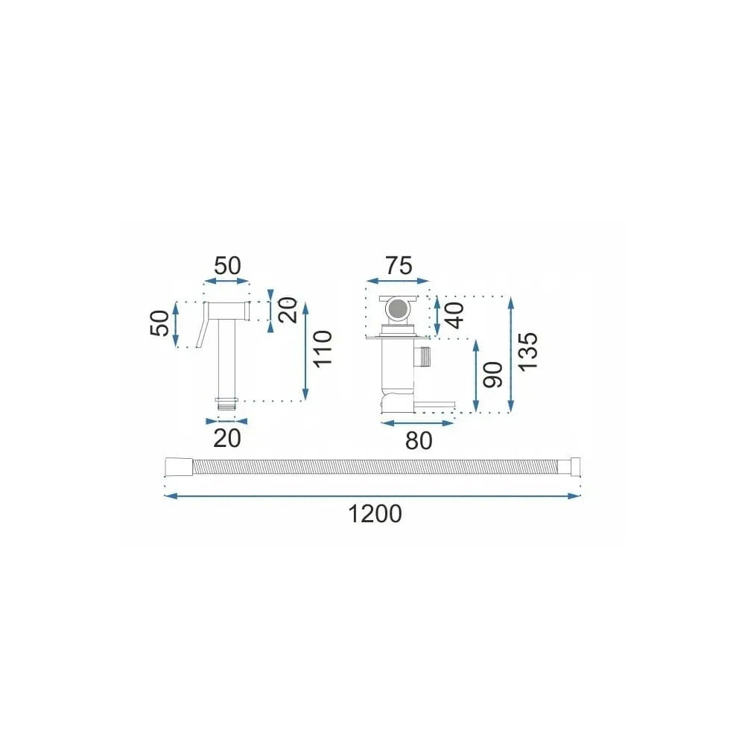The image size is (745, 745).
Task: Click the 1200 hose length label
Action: pos(375,514)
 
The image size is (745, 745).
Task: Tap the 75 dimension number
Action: pos(399,266)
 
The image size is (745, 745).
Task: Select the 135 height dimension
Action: pos(528,352)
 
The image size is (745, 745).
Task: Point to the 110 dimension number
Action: pos(322,348)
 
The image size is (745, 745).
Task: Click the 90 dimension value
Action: pos(492,375)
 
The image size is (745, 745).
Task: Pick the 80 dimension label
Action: pos(419,441)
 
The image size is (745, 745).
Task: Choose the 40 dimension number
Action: pos(454,315)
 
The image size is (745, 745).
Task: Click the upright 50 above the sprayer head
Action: pos(227,266)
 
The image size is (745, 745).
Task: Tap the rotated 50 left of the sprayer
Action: pos(159,323)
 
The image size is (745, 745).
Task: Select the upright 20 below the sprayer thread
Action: pos(226,439)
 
